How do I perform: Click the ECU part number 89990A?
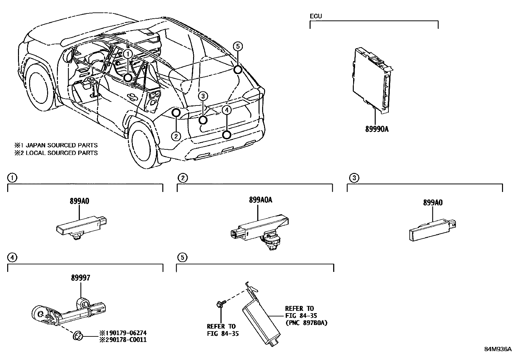tap(377, 129)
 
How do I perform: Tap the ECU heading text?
tap(316, 16)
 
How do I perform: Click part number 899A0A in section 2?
tap(260, 200)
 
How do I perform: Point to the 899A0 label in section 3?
tap(433, 203)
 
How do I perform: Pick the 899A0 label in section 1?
tap(79, 201)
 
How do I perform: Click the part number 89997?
tap(81, 278)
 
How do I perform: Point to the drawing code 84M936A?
tap(498, 349)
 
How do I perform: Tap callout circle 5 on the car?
tap(238, 47)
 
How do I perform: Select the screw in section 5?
tap(221, 304)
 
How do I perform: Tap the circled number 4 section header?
tap(12, 257)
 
